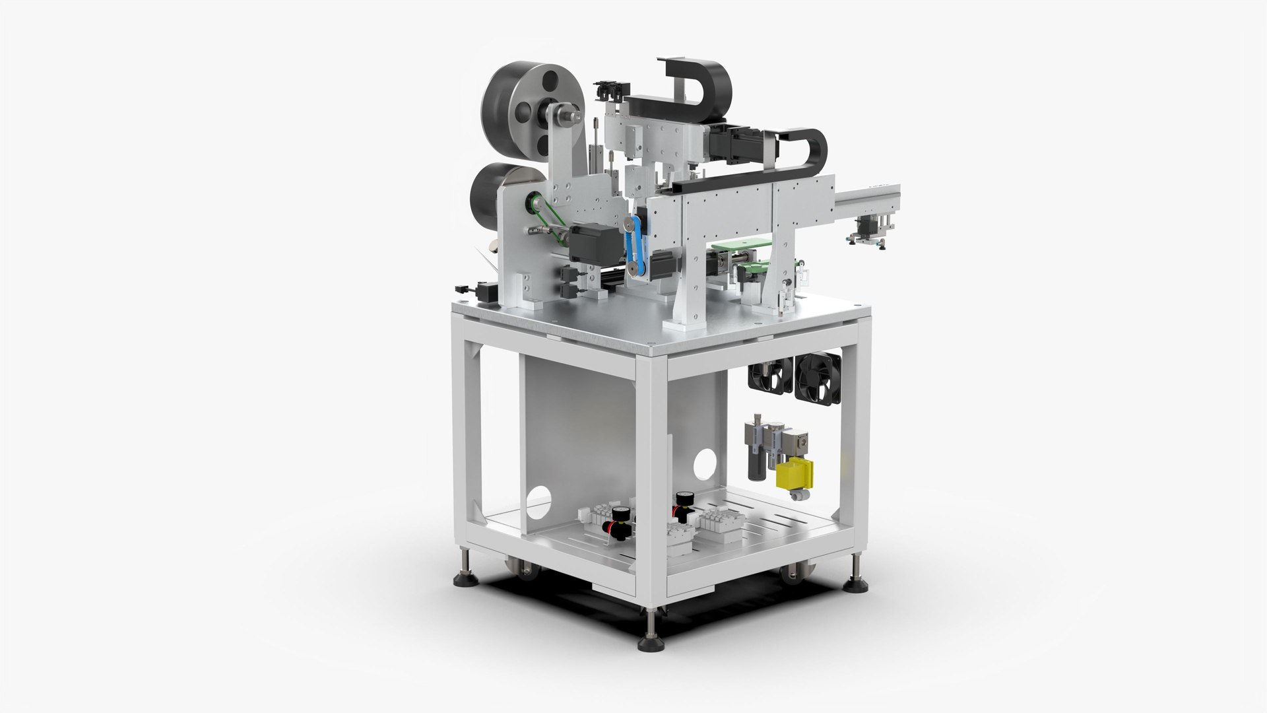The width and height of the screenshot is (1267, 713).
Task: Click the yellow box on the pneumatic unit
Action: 795,475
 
